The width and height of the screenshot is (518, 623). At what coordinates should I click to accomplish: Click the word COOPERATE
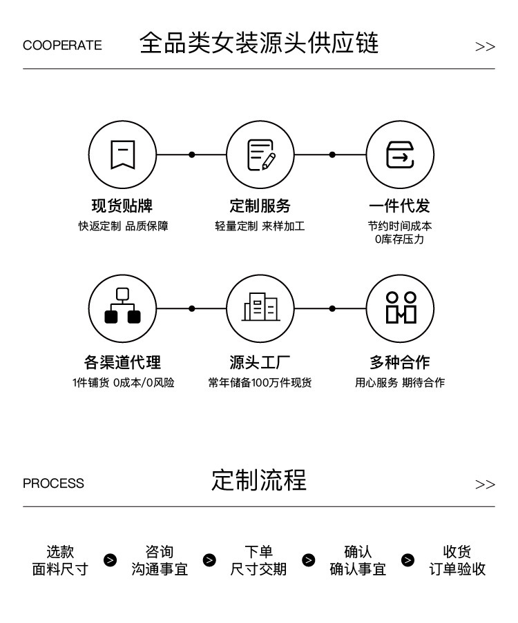62,46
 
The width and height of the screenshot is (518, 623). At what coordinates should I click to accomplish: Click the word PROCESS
53,484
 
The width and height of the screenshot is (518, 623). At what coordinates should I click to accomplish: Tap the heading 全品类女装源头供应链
259,43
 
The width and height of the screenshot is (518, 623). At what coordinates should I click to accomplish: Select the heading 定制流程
259,480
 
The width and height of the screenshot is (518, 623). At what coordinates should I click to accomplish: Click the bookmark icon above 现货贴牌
122,155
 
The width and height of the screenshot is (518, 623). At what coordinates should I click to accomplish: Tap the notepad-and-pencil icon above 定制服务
260,155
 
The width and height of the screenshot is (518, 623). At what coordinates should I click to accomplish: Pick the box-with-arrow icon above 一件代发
400,155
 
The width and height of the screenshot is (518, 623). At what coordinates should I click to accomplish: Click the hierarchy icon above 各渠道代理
122,308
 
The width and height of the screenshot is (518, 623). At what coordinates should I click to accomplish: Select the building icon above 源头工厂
260,308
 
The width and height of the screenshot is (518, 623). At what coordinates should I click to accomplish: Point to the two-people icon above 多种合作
400,308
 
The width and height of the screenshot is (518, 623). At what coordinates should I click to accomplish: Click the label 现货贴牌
122,206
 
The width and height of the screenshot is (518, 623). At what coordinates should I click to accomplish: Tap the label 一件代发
400,206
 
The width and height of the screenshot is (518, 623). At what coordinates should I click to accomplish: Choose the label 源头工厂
260,362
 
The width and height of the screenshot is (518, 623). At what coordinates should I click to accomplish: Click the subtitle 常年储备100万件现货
260,382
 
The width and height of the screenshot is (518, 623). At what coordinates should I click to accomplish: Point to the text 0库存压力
400,239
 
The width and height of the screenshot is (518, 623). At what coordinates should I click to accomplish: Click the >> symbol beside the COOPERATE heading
485,47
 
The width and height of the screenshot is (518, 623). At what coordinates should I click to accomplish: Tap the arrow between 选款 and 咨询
110,560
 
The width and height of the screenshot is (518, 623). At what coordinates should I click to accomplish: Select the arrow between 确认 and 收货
408,560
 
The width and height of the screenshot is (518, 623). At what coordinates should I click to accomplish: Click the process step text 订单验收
457,569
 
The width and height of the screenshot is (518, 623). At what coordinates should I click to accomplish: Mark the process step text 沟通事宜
160,569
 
